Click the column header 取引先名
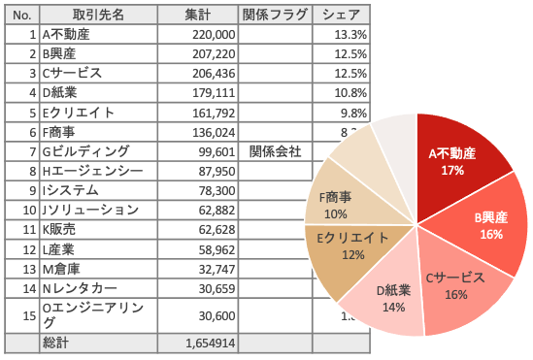click(x=98, y=15)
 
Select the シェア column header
click(x=341, y=15)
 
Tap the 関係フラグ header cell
click(x=275, y=15)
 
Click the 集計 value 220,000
click(x=214, y=35)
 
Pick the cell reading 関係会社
click(x=275, y=151)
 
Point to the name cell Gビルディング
click(x=85, y=151)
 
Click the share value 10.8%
click(x=350, y=93)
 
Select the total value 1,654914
click(x=210, y=344)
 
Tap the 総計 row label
click(x=55, y=343)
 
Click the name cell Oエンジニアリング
click(x=92, y=315)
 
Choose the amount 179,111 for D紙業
click(x=214, y=93)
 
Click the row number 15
click(x=29, y=316)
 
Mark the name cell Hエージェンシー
click(x=92, y=171)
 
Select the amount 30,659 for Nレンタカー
click(x=217, y=289)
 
